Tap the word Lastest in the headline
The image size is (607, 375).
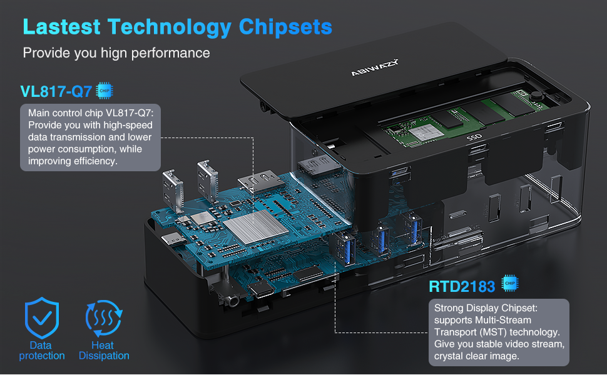(x=61, y=27)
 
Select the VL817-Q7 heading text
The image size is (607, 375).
(x=56, y=92)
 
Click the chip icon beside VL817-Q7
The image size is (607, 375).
(x=105, y=91)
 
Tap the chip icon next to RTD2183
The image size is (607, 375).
(x=511, y=285)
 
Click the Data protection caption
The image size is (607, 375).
(x=41, y=351)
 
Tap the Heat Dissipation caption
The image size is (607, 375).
(x=104, y=351)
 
